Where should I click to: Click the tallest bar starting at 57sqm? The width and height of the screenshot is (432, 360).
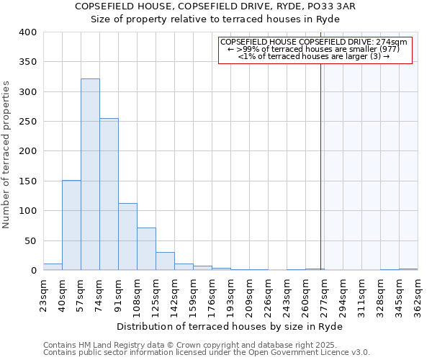(90, 175)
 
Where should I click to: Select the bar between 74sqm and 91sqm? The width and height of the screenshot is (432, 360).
(109, 194)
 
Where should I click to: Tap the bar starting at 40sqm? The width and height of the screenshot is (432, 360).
(71, 225)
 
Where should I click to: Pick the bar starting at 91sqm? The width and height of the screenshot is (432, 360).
(127, 237)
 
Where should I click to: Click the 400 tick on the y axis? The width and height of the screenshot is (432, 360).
(27, 32)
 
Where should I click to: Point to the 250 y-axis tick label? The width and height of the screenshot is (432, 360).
(27, 122)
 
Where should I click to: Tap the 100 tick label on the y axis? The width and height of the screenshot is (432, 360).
(27, 211)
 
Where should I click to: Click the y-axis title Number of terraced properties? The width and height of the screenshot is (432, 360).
(6, 155)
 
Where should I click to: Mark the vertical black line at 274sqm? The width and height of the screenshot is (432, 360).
(320, 166)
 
